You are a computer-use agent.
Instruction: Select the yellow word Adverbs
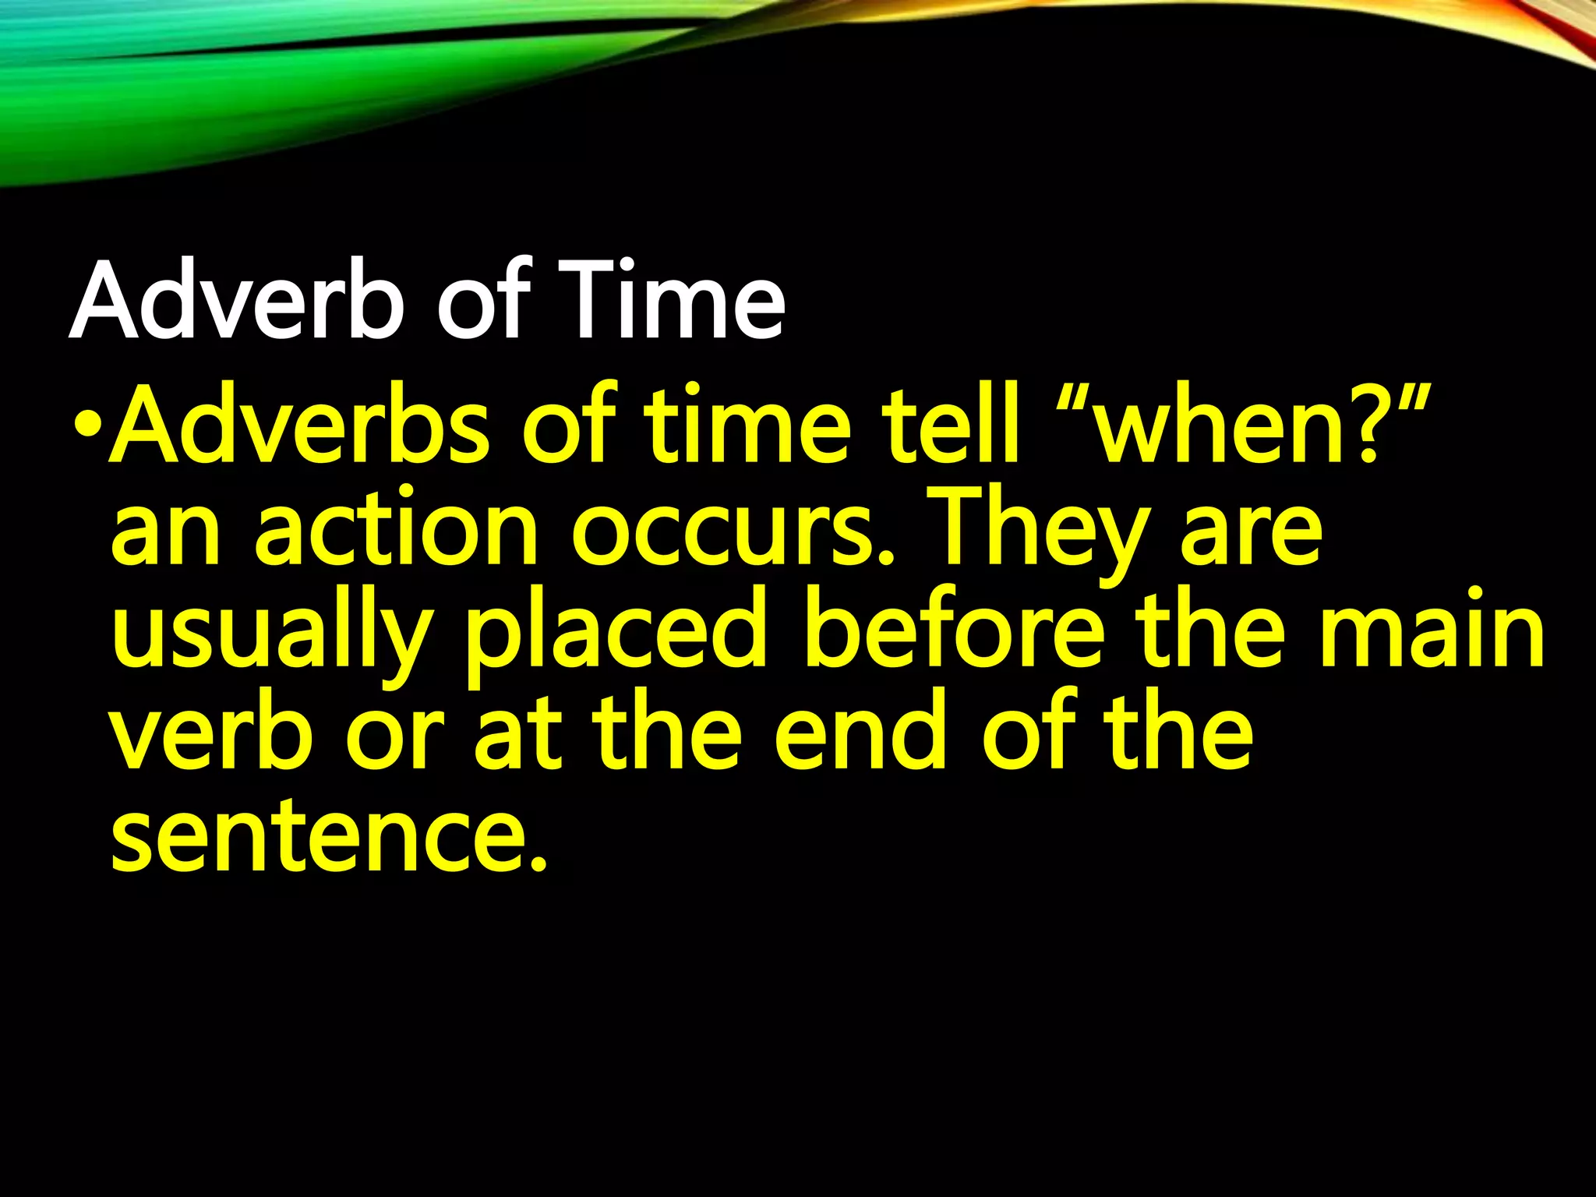pos(301,425)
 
